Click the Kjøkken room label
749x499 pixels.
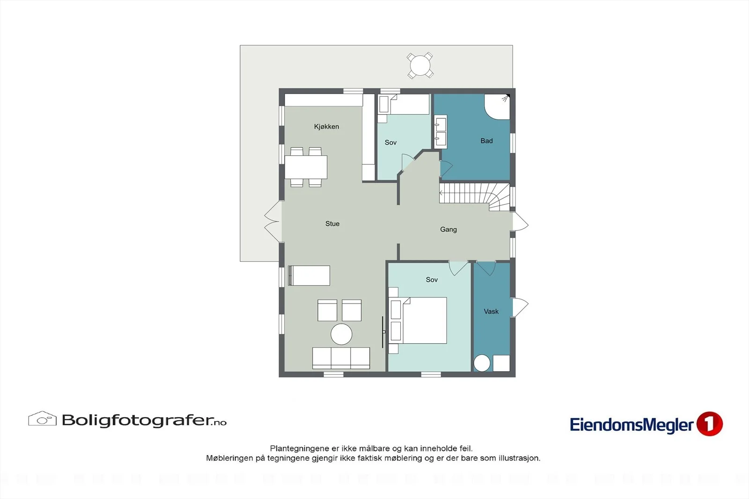click(326, 127)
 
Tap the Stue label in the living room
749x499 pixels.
click(332, 224)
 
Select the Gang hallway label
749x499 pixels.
click(448, 230)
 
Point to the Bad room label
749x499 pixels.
click(486, 141)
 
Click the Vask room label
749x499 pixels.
click(491, 311)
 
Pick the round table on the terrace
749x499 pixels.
click(420, 65)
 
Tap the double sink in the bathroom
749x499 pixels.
click(441, 132)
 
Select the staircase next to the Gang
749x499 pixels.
click(475, 197)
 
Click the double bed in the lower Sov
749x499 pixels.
click(418, 320)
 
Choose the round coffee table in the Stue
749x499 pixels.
click(341, 334)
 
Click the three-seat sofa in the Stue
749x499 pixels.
click(341, 358)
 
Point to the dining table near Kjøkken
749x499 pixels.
click(306, 167)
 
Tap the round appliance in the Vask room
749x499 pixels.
click(482, 363)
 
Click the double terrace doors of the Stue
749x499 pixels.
click(274, 221)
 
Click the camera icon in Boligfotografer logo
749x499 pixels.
click(42, 419)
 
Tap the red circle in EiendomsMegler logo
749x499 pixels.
click(710, 424)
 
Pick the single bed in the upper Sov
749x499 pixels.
click(404, 104)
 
